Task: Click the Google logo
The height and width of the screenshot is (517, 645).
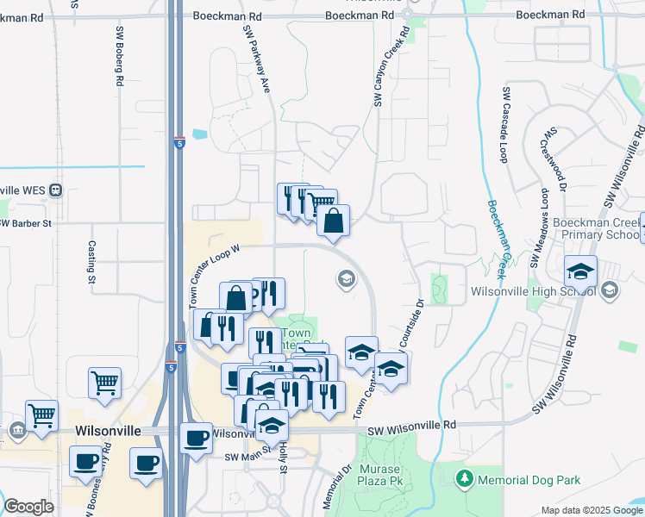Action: [28, 507]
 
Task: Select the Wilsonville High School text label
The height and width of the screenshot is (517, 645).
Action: [533, 291]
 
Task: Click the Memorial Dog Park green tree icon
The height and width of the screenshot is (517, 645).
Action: [465, 477]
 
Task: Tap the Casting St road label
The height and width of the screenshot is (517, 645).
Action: [91, 261]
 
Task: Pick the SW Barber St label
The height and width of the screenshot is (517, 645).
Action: [26, 223]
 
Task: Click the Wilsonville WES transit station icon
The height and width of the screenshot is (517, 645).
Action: [55, 190]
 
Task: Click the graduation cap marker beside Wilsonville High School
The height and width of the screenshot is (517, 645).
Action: [581, 271]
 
